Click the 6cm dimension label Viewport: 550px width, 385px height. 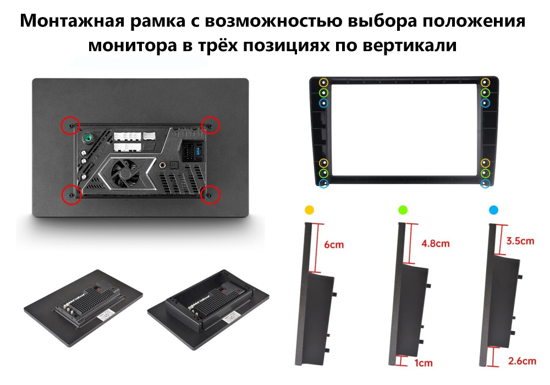[333, 244]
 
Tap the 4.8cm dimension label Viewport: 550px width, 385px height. [436, 243]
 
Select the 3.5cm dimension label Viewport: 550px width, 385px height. [520, 241]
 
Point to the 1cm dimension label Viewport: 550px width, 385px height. [424, 362]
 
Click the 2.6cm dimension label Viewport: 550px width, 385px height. [521, 361]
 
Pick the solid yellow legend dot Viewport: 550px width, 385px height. [310, 210]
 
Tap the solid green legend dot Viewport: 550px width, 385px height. [403, 210]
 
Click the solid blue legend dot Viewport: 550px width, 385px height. [493, 210]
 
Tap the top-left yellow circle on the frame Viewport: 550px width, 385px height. [323, 82]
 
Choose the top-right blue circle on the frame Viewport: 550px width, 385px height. [485, 103]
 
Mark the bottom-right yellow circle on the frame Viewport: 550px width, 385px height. [485, 163]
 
